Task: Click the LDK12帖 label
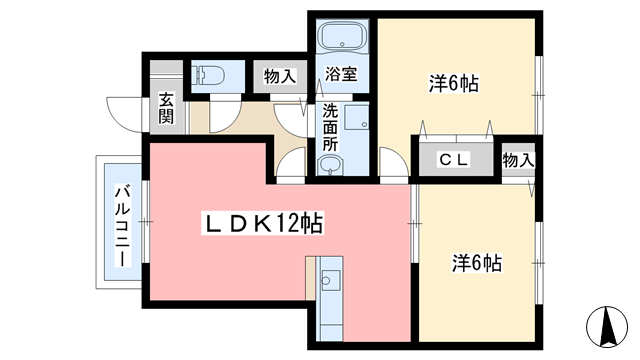tap(266, 224)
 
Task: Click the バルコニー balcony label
tap(121, 224)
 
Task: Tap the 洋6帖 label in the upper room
tap(454, 84)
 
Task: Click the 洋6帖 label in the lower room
tap(476, 264)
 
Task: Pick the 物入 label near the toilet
tap(279, 75)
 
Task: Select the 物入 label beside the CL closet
tap(517, 160)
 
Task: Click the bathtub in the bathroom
tap(343, 39)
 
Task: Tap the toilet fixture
tap(210, 73)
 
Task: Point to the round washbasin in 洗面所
tap(330, 165)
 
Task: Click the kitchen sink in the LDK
tap(331, 279)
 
